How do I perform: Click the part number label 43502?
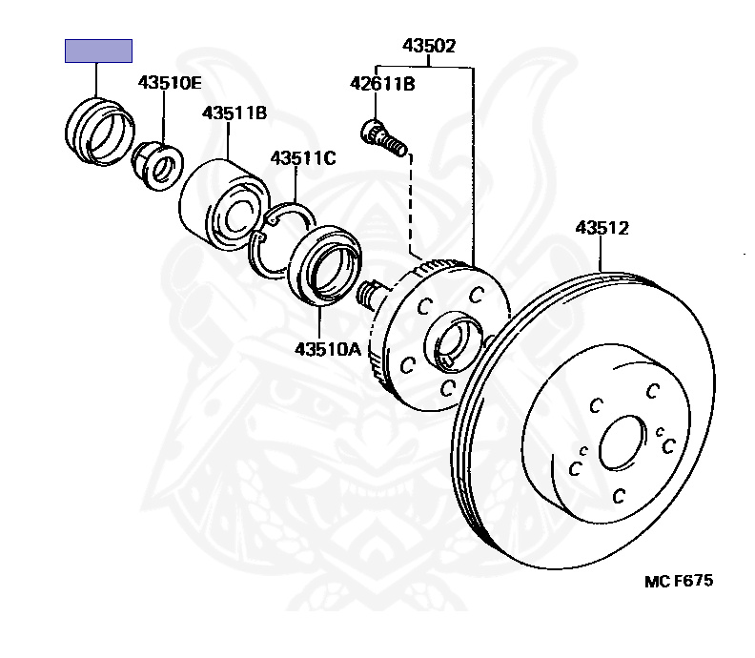click(x=428, y=44)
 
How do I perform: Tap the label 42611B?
click(x=382, y=84)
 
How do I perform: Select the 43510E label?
click(x=170, y=82)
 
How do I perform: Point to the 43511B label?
click(x=234, y=113)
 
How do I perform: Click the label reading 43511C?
click(x=303, y=158)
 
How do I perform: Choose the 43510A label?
click(x=327, y=349)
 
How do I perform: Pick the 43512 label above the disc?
click(x=602, y=228)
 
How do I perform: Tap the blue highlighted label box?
click(x=97, y=51)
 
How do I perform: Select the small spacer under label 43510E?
click(x=156, y=163)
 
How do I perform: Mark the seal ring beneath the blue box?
click(x=98, y=133)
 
